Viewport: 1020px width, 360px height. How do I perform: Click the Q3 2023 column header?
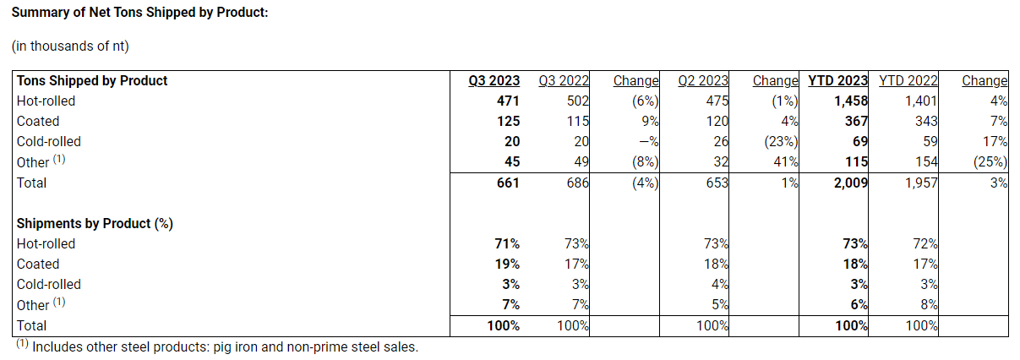coord(494,81)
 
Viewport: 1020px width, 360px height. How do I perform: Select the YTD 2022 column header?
coord(908,81)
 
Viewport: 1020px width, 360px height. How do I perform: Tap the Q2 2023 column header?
coord(703,81)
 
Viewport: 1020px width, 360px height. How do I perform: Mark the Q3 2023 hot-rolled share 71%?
coord(506,244)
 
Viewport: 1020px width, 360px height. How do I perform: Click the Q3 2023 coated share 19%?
coord(506,265)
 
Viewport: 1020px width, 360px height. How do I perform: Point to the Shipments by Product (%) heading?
coord(95,224)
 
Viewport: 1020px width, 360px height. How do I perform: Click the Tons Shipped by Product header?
coord(92,81)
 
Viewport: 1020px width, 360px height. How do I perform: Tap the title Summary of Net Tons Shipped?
coord(139,14)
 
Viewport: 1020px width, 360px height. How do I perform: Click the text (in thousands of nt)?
coord(70,46)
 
